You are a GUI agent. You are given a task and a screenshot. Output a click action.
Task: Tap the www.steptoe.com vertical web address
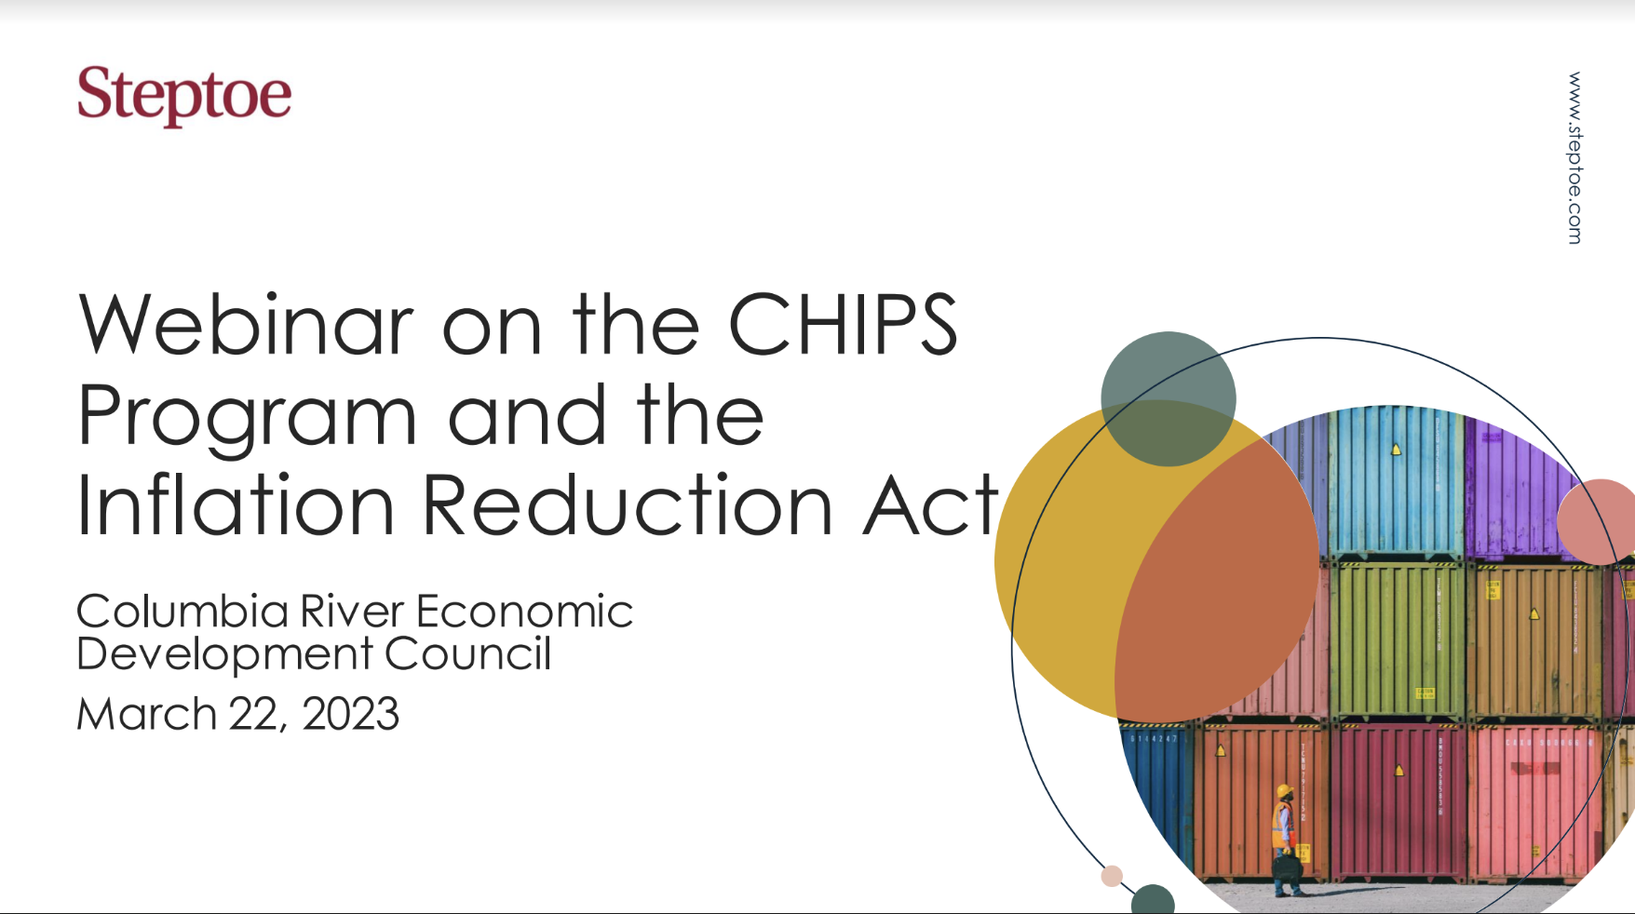tap(1574, 158)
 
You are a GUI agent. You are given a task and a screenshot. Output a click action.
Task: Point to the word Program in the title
tap(247, 417)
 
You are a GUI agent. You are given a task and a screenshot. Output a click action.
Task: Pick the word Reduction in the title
tap(627, 505)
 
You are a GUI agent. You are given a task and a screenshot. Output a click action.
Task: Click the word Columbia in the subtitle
tap(182, 612)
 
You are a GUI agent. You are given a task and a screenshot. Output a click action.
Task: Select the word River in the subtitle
tap(352, 612)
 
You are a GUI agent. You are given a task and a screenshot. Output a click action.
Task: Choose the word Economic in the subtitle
tap(524, 612)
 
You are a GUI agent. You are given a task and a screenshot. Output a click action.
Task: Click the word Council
tap(467, 653)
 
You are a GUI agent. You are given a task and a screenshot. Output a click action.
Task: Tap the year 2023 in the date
tap(350, 714)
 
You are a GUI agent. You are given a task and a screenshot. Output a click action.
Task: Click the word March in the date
tap(146, 714)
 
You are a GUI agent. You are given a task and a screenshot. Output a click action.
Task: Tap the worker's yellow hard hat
tap(1285, 791)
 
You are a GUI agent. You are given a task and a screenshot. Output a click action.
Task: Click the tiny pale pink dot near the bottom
tap(1112, 876)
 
